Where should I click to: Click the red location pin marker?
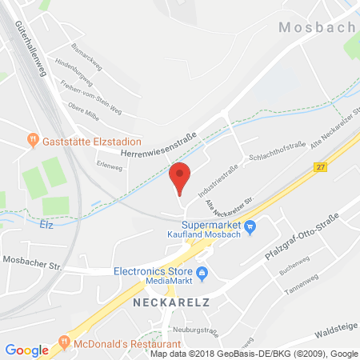coord(181,176)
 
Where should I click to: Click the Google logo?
coord(27,350)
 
